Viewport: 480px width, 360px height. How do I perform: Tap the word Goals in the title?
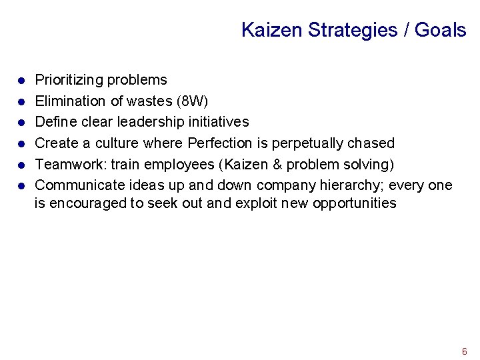tap(440, 30)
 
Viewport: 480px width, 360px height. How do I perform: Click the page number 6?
tap(464, 351)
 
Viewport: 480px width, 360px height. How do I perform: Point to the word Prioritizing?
tap(73, 80)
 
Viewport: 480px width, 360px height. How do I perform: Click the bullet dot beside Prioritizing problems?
tap(21, 81)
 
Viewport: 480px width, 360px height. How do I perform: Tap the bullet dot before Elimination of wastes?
tap(21, 102)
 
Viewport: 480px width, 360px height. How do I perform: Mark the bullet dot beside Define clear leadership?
tap(21, 123)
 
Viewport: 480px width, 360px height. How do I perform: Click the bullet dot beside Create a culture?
tap(21, 144)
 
